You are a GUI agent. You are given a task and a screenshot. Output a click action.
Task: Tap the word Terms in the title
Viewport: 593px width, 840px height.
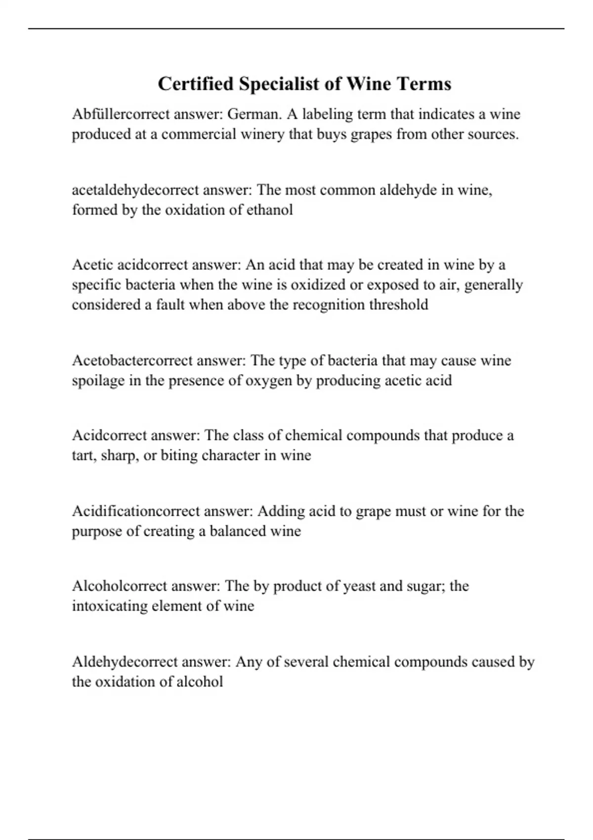tap(424, 84)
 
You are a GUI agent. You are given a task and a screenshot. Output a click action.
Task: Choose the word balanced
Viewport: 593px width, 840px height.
tap(238, 531)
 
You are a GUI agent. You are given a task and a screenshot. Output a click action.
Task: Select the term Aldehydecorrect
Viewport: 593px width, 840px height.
tap(125, 662)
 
